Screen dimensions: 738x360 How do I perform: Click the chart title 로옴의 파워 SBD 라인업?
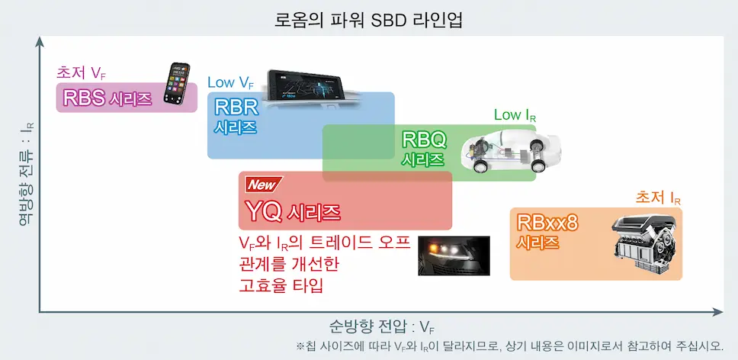tap(368, 21)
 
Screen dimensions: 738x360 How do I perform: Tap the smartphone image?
tap(177, 83)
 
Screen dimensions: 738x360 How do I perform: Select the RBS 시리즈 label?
tap(107, 98)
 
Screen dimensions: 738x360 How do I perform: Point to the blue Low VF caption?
tap(231, 83)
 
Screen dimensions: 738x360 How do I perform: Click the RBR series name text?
tap(236, 108)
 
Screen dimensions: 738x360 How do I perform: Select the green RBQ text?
tap(424, 140)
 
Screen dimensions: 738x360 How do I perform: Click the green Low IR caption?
tap(515, 115)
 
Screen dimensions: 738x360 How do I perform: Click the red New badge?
tap(264, 185)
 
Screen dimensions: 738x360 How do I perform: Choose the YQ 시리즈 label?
tap(294, 212)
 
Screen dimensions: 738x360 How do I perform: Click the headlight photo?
tap(454, 256)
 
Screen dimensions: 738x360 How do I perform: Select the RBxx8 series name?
tap(547, 223)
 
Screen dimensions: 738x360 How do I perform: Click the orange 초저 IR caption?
tap(658, 198)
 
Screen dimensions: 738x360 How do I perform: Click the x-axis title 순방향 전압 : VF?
tap(380, 326)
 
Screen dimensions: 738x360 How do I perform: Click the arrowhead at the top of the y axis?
tap(40, 40)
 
